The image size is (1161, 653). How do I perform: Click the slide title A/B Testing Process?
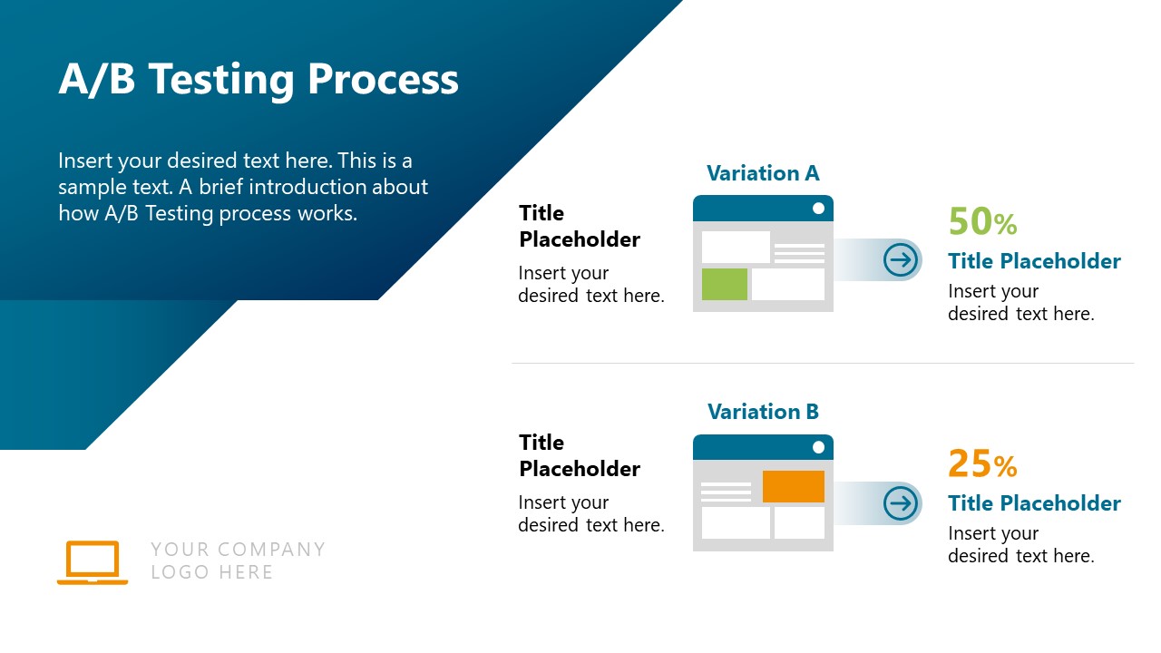pyautogui.click(x=259, y=80)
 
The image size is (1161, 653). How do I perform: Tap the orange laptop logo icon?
pyautogui.click(x=93, y=562)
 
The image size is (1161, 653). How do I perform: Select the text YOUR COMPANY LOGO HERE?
pyautogui.click(x=238, y=560)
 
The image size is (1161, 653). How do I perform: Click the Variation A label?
pyautogui.click(x=763, y=173)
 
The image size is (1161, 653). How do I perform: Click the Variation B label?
pyautogui.click(x=763, y=412)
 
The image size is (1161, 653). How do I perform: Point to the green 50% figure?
pyautogui.click(x=982, y=222)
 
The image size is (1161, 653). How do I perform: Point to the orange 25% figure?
pyautogui.click(x=982, y=464)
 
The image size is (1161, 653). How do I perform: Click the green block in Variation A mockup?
pyautogui.click(x=725, y=284)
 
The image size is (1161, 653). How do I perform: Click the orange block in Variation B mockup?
pyautogui.click(x=794, y=486)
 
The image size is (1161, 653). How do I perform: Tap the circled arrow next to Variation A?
pyautogui.click(x=901, y=260)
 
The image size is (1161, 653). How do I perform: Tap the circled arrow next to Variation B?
pyautogui.click(x=901, y=503)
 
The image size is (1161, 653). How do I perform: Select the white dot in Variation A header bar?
pyautogui.click(x=818, y=209)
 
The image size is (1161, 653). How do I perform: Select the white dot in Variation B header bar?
pyautogui.click(x=818, y=447)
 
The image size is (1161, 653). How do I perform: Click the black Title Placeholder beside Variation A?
pyautogui.click(x=580, y=226)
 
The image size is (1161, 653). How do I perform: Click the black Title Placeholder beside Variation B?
pyautogui.click(x=580, y=455)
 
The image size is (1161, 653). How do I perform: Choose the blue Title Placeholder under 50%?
pyautogui.click(x=1034, y=261)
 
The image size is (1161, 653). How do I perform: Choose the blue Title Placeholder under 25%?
pyautogui.click(x=1034, y=503)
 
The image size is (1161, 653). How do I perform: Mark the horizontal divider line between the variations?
pyautogui.click(x=822, y=364)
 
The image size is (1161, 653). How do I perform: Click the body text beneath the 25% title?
pyautogui.click(x=1020, y=545)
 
